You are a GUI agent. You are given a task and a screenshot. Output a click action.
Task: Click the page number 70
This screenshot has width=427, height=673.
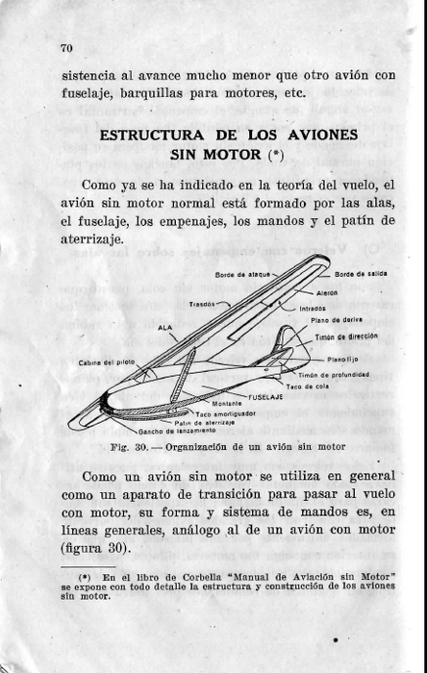coord(66,48)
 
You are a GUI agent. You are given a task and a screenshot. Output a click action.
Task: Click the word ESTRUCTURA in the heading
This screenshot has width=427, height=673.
coord(144,135)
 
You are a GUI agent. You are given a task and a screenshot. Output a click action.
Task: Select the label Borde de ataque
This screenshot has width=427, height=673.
coord(241,274)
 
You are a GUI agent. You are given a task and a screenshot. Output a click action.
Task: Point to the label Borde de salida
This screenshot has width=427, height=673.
coord(361,274)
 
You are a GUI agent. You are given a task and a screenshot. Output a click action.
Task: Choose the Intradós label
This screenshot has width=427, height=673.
coord(313,308)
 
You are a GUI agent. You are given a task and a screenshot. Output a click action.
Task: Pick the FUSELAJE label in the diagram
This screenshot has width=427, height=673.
coord(266,396)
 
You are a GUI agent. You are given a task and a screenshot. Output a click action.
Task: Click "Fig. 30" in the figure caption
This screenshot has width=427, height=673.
coord(128,447)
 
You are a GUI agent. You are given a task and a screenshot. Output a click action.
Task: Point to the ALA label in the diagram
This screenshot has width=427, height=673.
coord(164,328)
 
